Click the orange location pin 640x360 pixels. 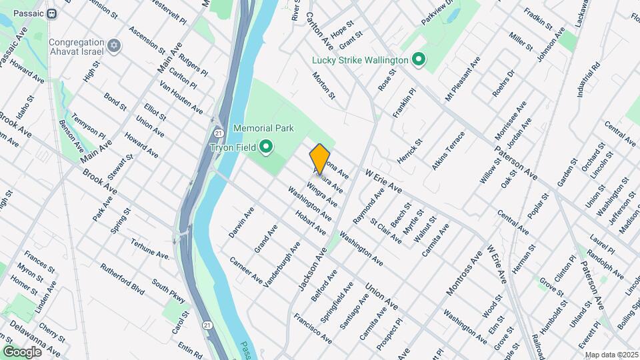(x=320, y=159)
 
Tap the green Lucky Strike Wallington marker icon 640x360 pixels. (x=419, y=61)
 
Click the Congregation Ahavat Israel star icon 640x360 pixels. (x=114, y=45)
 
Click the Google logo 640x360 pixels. (x=22, y=351)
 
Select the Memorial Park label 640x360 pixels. (x=261, y=127)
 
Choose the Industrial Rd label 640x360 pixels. (x=589, y=81)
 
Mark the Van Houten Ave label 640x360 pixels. (x=181, y=97)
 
